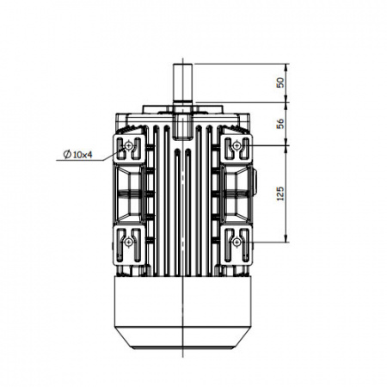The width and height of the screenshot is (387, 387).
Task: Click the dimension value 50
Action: coord(280,83)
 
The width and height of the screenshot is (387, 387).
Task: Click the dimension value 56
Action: coord(280,123)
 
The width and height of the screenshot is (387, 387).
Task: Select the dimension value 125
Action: coord(280,193)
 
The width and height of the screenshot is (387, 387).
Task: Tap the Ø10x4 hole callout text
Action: coord(78,155)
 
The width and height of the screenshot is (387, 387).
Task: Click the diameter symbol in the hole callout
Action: coord(67,155)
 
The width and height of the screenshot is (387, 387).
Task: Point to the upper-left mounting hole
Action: coord(128,146)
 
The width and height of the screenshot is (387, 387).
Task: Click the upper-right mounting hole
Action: coord(236,145)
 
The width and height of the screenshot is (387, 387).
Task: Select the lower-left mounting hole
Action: coord(128,243)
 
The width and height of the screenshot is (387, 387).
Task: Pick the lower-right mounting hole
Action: coord(236,243)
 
